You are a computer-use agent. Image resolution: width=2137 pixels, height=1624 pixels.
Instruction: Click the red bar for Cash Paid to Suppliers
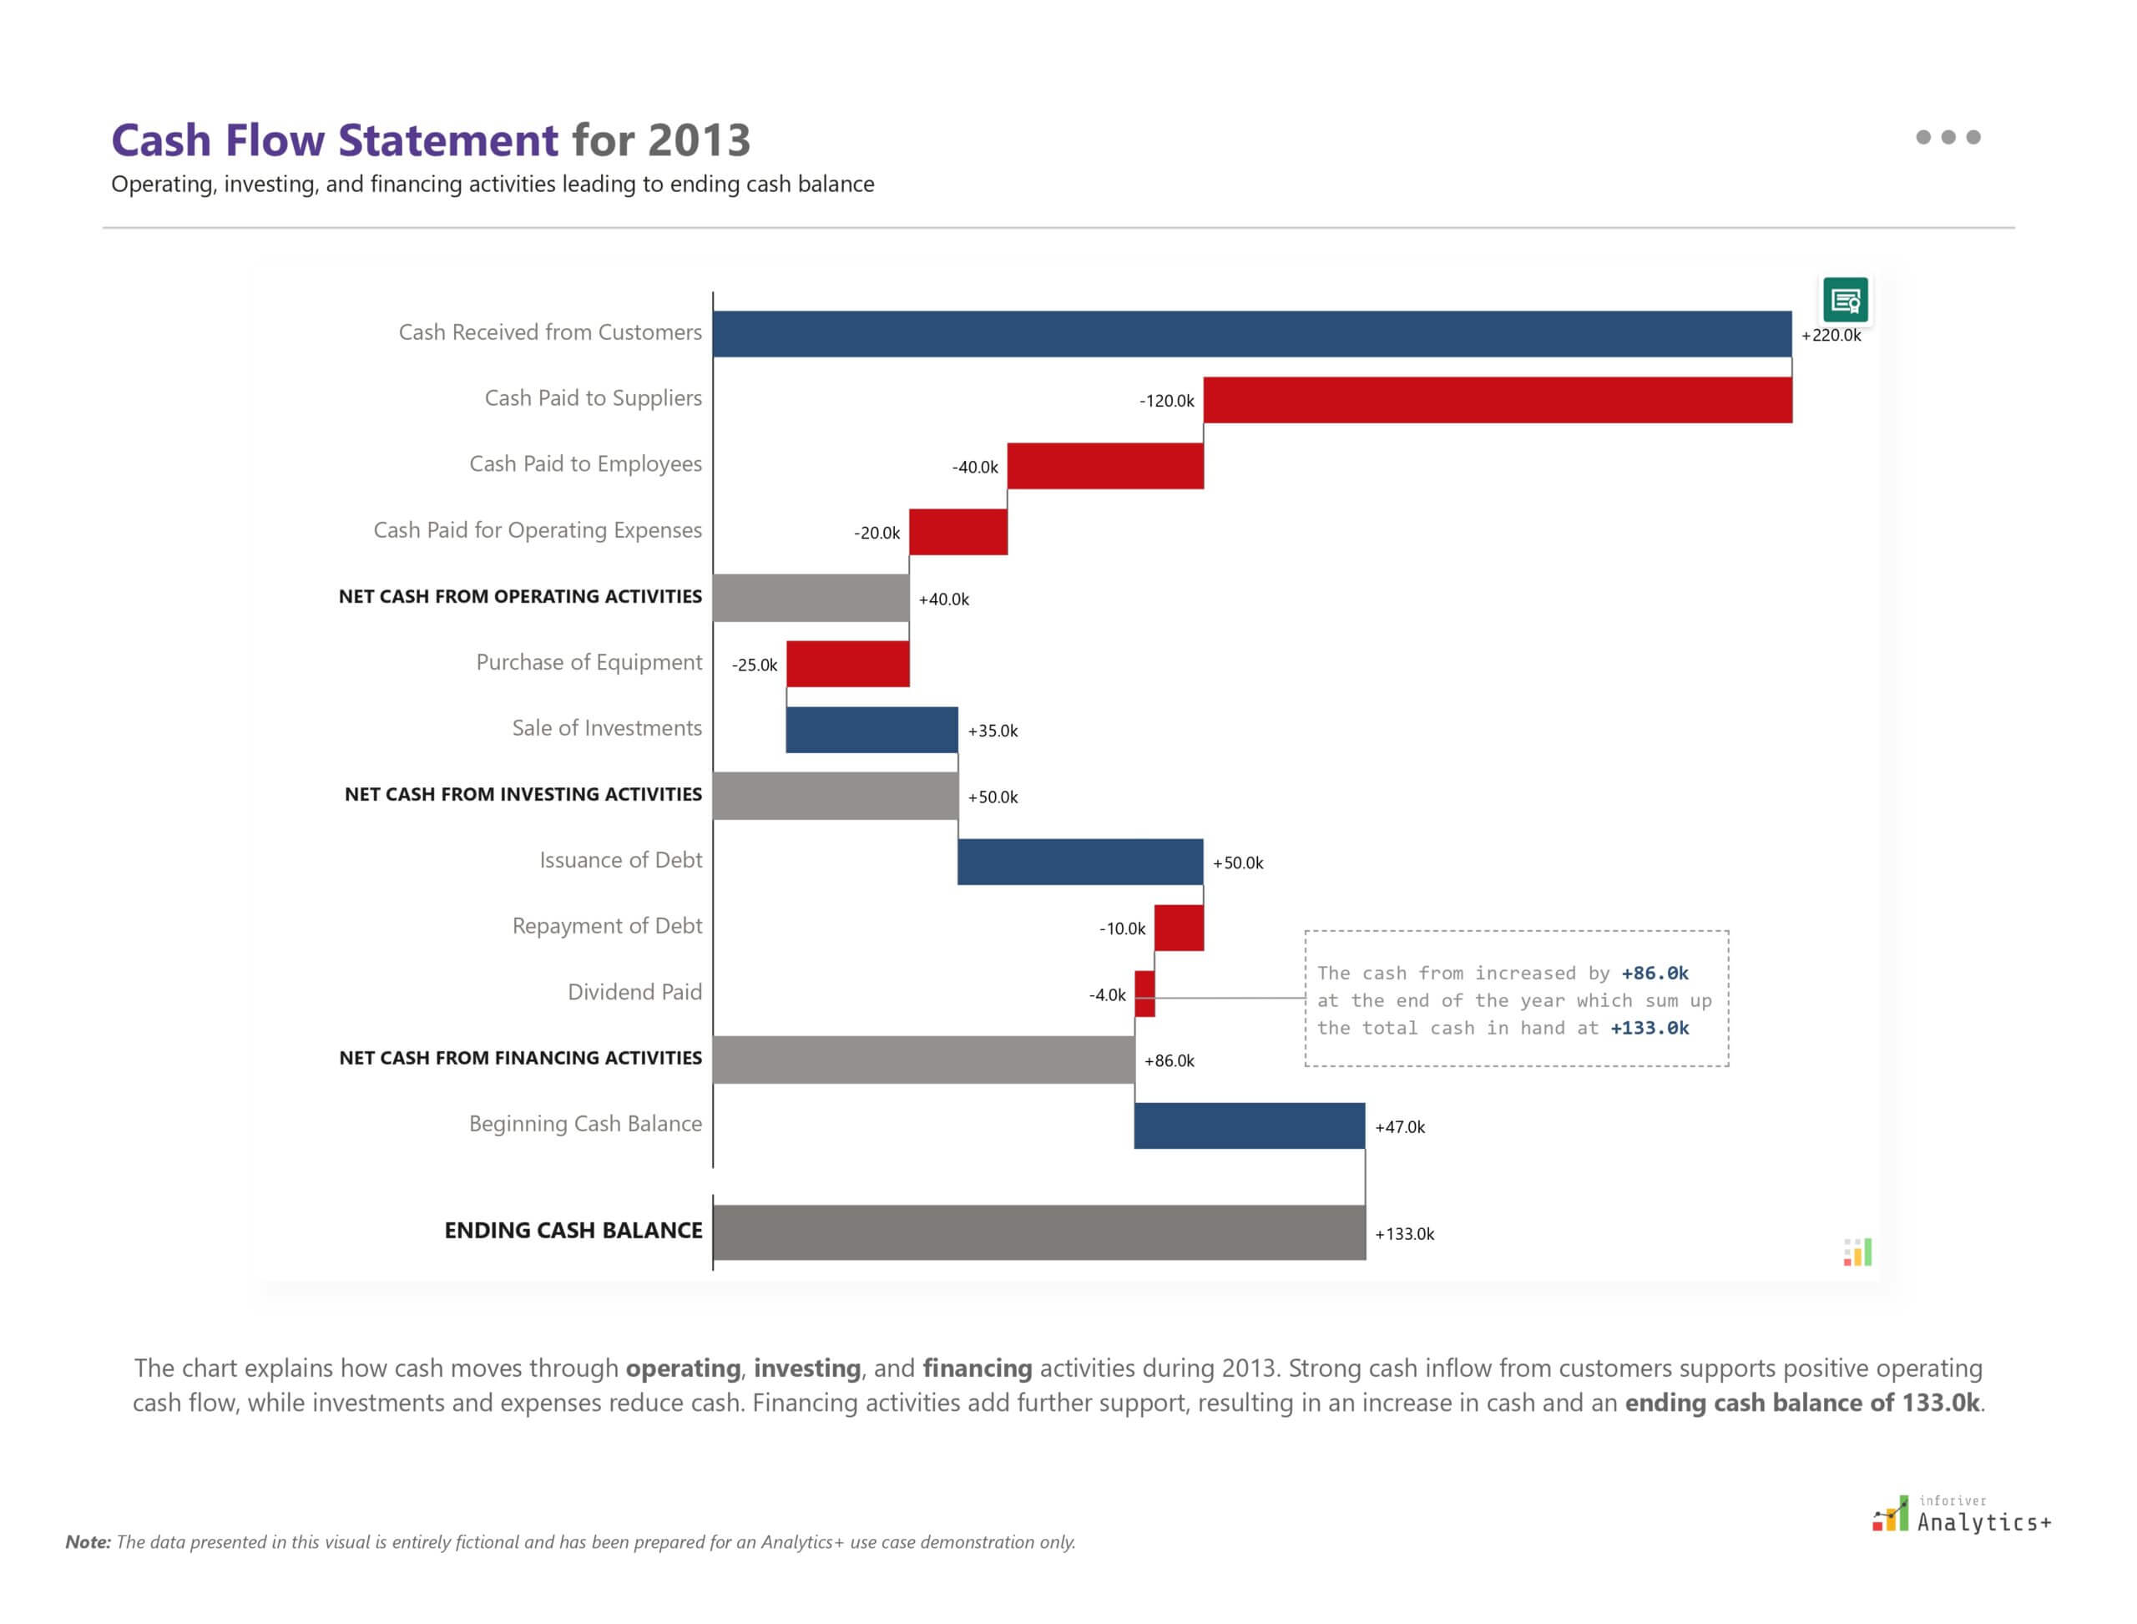[x=1498, y=399]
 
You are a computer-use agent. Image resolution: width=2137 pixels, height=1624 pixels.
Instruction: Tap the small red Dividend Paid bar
[x=1144, y=993]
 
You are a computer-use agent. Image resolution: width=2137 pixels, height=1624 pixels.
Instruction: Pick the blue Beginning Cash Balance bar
[x=1249, y=1126]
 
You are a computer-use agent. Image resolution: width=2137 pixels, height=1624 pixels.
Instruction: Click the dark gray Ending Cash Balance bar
[x=1039, y=1232]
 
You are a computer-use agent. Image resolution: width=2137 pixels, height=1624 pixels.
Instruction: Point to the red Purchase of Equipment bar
[x=847, y=663]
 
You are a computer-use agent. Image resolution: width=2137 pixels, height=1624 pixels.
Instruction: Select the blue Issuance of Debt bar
[x=1079, y=862]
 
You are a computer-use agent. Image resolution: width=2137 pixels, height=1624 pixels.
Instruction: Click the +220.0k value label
[x=1831, y=336]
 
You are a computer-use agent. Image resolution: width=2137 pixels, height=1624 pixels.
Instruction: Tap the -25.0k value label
[x=754, y=665]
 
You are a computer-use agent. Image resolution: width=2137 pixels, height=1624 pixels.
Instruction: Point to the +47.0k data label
[x=1400, y=1127]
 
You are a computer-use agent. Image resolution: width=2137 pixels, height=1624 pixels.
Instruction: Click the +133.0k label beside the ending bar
[x=1404, y=1233]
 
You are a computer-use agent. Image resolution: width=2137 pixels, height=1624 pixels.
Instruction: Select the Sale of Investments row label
[x=606, y=728]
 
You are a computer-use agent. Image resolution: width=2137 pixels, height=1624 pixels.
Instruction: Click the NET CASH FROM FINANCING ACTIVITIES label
[x=520, y=1058]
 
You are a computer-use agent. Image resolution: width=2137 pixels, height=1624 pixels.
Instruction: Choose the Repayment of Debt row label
[x=606, y=925]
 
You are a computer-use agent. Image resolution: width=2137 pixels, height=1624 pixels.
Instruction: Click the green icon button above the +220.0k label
[x=1844, y=300]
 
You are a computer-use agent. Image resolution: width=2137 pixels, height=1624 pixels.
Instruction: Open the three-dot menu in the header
[x=1948, y=137]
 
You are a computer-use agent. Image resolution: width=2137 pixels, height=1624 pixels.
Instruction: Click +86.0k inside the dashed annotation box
[x=1655, y=973]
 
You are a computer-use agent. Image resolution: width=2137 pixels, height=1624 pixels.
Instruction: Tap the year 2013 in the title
[x=698, y=140]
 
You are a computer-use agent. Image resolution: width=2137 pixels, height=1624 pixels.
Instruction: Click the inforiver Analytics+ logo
[x=1961, y=1515]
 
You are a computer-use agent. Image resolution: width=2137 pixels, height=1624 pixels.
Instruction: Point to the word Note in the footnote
[x=87, y=1542]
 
